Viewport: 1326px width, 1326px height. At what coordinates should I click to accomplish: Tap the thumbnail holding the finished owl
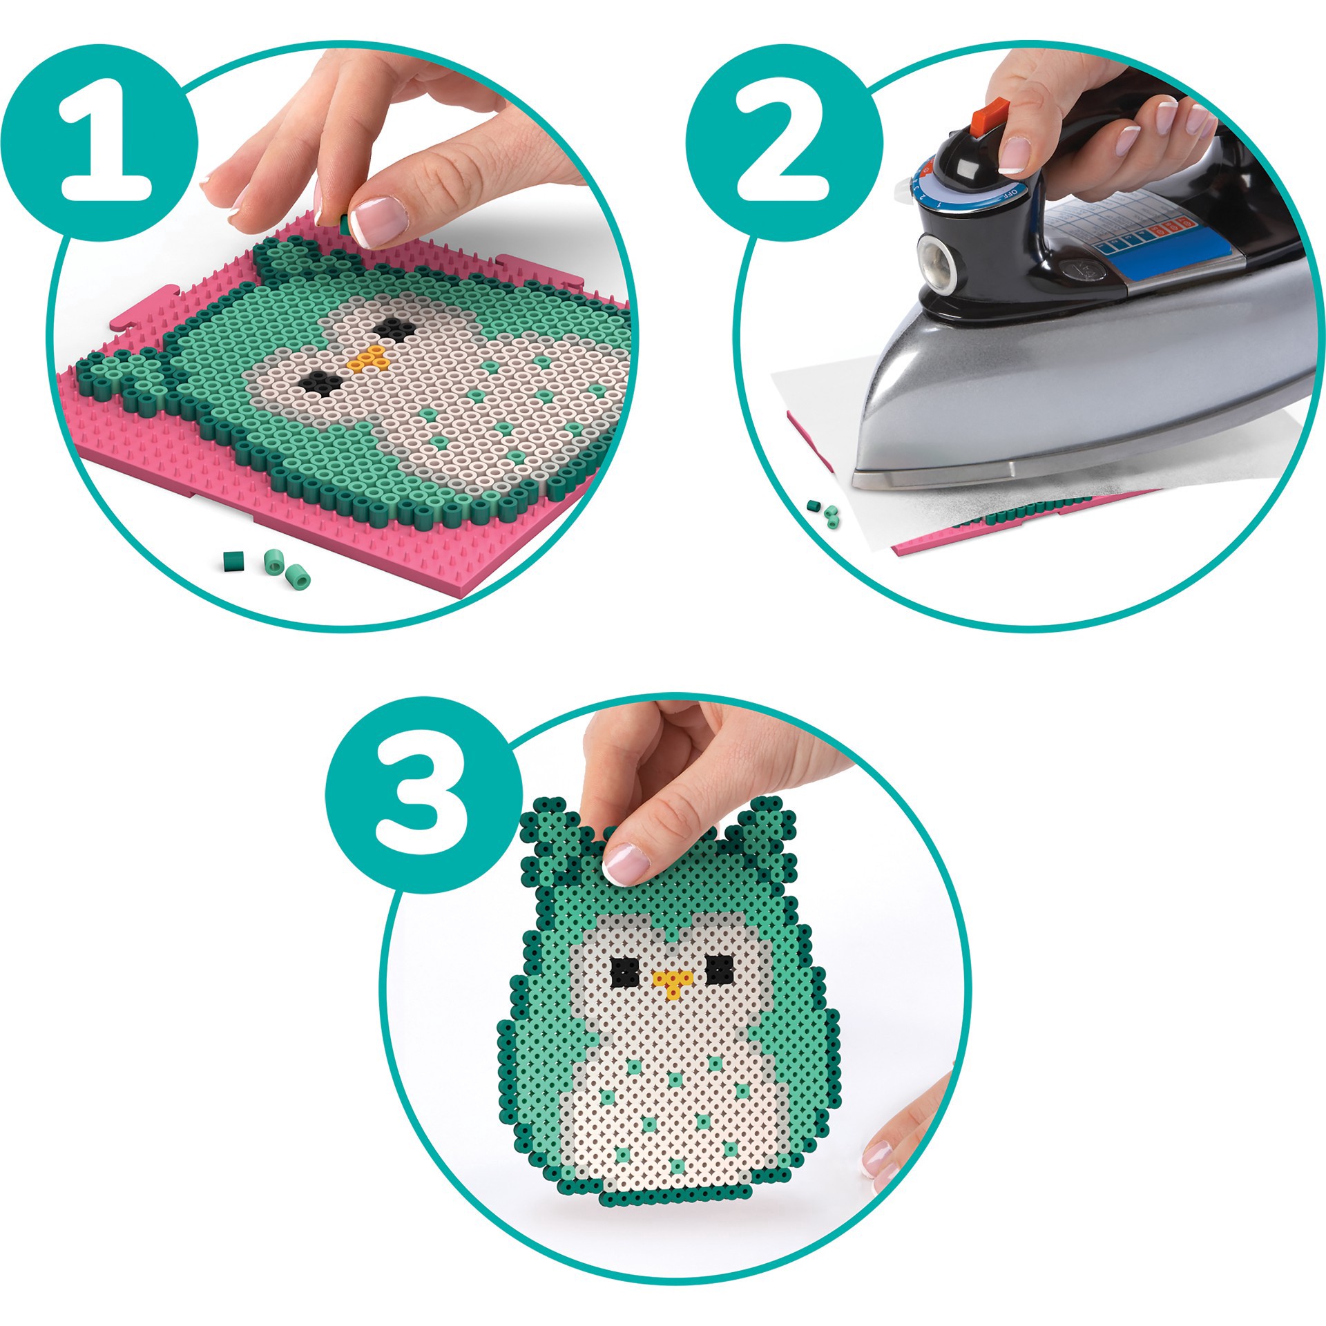coord(626,863)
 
